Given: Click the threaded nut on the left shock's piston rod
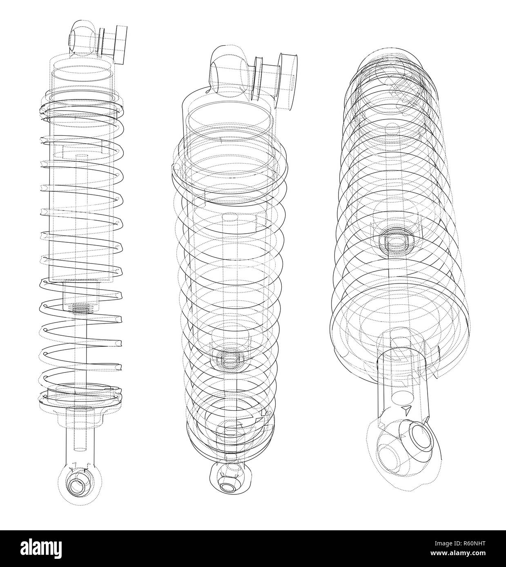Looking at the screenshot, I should tap(82, 309).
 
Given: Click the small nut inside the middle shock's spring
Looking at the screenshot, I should tap(228, 359).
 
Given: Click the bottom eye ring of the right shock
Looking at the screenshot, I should tap(419, 436).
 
